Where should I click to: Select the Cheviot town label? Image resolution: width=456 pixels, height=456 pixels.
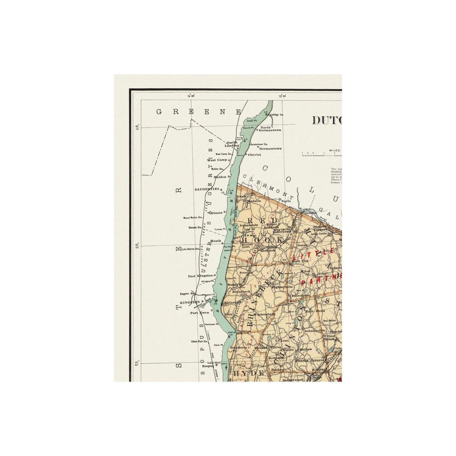pyautogui.click(x=255, y=155)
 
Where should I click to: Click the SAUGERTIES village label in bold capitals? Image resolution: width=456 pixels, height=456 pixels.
pyautogui.click(x=207, y=189)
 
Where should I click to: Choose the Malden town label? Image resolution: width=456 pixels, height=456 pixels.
pyautogui.click(x=220, y=177)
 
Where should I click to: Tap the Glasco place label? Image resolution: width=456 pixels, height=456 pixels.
pyautogui.click(x=217, y=212)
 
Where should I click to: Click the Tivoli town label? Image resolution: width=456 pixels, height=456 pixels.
pyautogui.click(x=241, y=196)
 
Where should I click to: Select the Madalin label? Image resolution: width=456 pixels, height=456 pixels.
pyautogui.click(x=254, y=201)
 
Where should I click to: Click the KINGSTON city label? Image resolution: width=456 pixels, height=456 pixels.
pyautogui.click(x=190, y=302)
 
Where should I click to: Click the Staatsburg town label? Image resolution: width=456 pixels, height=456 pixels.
pyautogui.click(x=239, y=347)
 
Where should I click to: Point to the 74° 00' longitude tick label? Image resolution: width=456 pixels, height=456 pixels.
pyautogui.click(x=190, y=96)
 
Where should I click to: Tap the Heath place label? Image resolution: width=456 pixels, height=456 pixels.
pyautogui.click(x=216, y=241)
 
